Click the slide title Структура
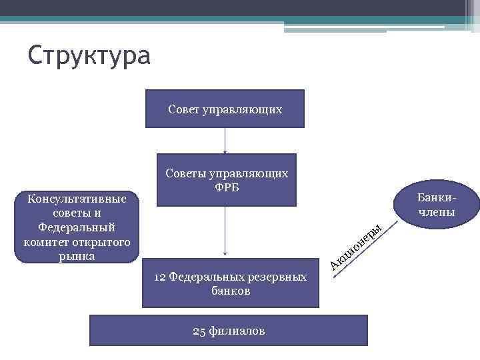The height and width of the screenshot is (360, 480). point(89,55)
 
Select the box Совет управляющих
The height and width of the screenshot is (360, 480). point(225,109)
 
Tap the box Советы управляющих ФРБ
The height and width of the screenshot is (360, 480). point(226,180)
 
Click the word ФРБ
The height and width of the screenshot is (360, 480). point(226,187)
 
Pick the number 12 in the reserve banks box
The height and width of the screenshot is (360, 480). point(161,277)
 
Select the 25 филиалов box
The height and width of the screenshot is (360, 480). point(229,331)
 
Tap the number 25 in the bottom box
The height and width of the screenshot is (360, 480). point(199,331)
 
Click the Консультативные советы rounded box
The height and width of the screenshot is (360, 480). point(76,227)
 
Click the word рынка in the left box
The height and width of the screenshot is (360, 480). point(76,256)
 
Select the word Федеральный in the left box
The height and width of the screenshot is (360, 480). point(76,227)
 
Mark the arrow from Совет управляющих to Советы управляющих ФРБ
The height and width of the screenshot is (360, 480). point(225,141)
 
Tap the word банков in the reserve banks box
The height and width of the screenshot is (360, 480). point(231,291)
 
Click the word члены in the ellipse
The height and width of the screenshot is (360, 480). point(437,213)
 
